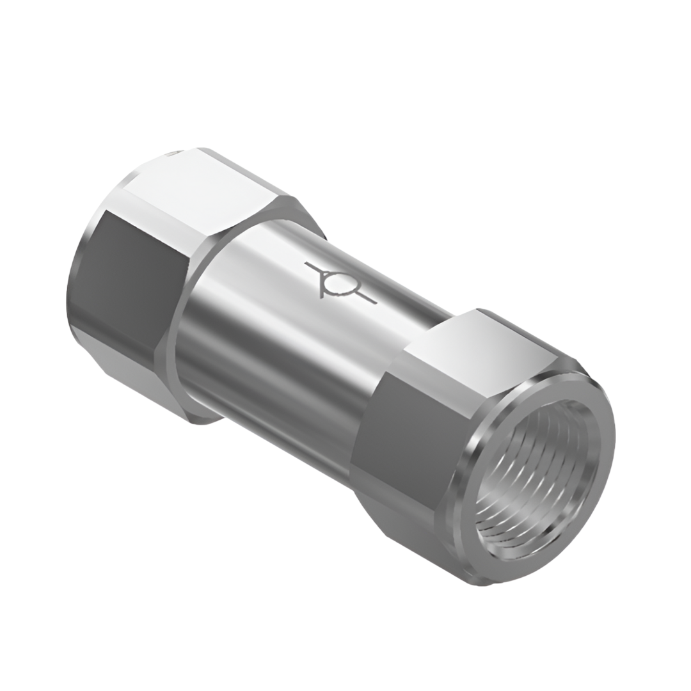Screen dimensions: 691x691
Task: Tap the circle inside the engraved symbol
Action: [335, 282]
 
